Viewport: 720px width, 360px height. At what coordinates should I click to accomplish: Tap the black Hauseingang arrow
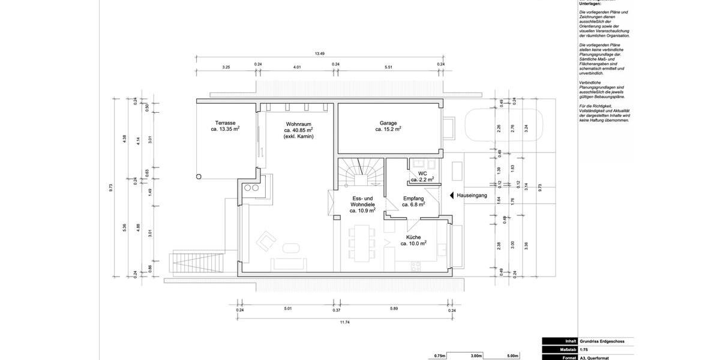coord(452,195)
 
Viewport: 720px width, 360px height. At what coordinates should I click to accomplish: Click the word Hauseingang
coord(472,196)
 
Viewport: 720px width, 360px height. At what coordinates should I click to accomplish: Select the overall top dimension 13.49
coord(320,54)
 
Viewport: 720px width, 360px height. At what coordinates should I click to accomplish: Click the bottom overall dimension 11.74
coord(344,322)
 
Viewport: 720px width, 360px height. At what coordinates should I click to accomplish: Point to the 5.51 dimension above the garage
coord(388,67)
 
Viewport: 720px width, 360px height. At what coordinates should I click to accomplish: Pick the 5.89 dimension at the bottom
coord(394,308)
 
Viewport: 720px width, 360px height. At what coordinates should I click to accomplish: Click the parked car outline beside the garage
coord(504,127)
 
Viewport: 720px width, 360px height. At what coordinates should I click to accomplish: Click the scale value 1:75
coord(584,349)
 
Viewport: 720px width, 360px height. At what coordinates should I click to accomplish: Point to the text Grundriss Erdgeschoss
coord(602,341)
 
